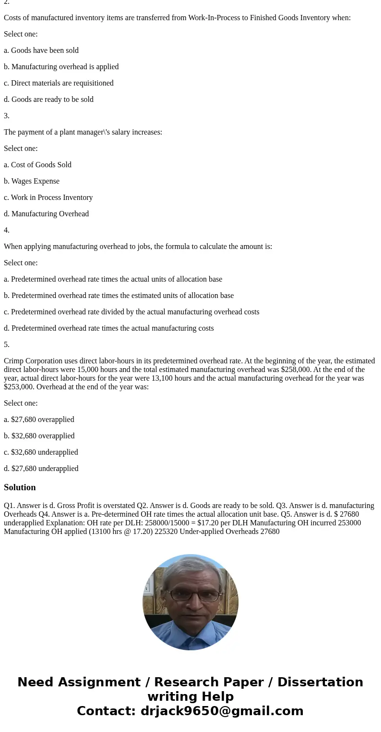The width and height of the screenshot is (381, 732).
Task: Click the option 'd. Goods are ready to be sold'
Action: (x=48, y=99)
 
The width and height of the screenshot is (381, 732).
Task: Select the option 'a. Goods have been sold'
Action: (x=41, y=50)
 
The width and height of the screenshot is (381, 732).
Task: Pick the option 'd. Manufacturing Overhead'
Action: (x=46, y=214)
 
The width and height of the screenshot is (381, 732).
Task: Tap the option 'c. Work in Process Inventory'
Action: (x=48, y=198)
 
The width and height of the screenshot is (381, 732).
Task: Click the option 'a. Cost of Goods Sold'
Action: (x=37, y=165)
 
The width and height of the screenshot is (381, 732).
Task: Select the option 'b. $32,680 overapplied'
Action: (x=39, y=436)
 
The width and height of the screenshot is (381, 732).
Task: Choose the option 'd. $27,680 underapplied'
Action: (x=41, y=469)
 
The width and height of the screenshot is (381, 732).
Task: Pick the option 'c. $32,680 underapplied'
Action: (x=41, y=452)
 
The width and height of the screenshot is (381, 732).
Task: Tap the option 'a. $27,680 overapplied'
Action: (x=39, y=420)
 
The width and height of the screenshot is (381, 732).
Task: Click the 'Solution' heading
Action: (x=20, y=487)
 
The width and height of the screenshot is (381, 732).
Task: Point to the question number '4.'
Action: (x=7, y=230)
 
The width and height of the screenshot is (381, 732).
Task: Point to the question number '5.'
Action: (x=7, y=345)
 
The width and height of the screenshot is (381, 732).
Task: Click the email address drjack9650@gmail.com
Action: (x=222, y=711)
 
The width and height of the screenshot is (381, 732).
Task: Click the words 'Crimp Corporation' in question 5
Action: (x=32, y=361)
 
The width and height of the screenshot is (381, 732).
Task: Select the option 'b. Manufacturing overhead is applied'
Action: (x=61, y=67)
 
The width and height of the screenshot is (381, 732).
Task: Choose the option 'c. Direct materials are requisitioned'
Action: (x=59, y=83)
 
